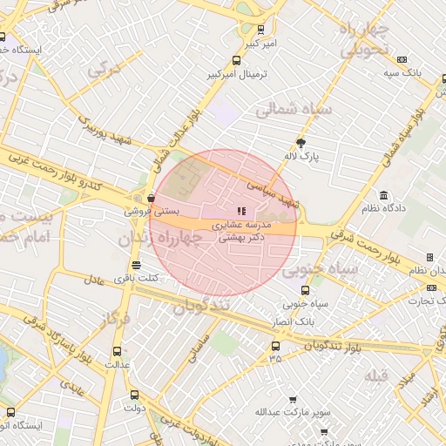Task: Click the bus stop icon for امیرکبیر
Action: [260, 30]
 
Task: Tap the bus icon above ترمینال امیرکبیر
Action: [237, 61]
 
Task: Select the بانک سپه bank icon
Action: [402, 59]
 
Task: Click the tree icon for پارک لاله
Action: [301, 142]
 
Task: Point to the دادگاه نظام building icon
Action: [383, 194]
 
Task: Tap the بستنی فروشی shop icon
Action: [152, 198]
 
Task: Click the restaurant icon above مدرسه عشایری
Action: [241, 211]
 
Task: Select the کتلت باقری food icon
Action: [135, 265]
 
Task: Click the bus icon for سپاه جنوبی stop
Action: [304, 292]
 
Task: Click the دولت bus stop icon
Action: [133, 394]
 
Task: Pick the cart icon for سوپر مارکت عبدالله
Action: [292, 398]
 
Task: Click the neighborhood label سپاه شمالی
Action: [290, 111]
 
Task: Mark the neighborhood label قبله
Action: [375, 375]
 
